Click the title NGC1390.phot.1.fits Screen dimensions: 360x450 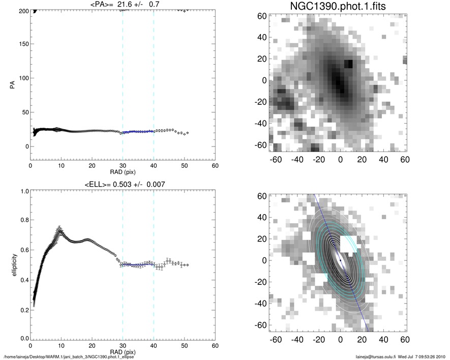(x=340, y=8)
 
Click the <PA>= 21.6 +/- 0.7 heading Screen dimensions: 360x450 (x=123, y=4)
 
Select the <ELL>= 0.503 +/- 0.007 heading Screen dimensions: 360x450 (x=123, y=184)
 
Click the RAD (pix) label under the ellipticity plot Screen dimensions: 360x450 (x=123, y=351)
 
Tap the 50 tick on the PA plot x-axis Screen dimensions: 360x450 (x=184, y=165)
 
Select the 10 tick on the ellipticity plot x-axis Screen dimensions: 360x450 (x=61, y=345)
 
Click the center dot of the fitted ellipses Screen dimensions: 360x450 (x=341, y=260)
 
